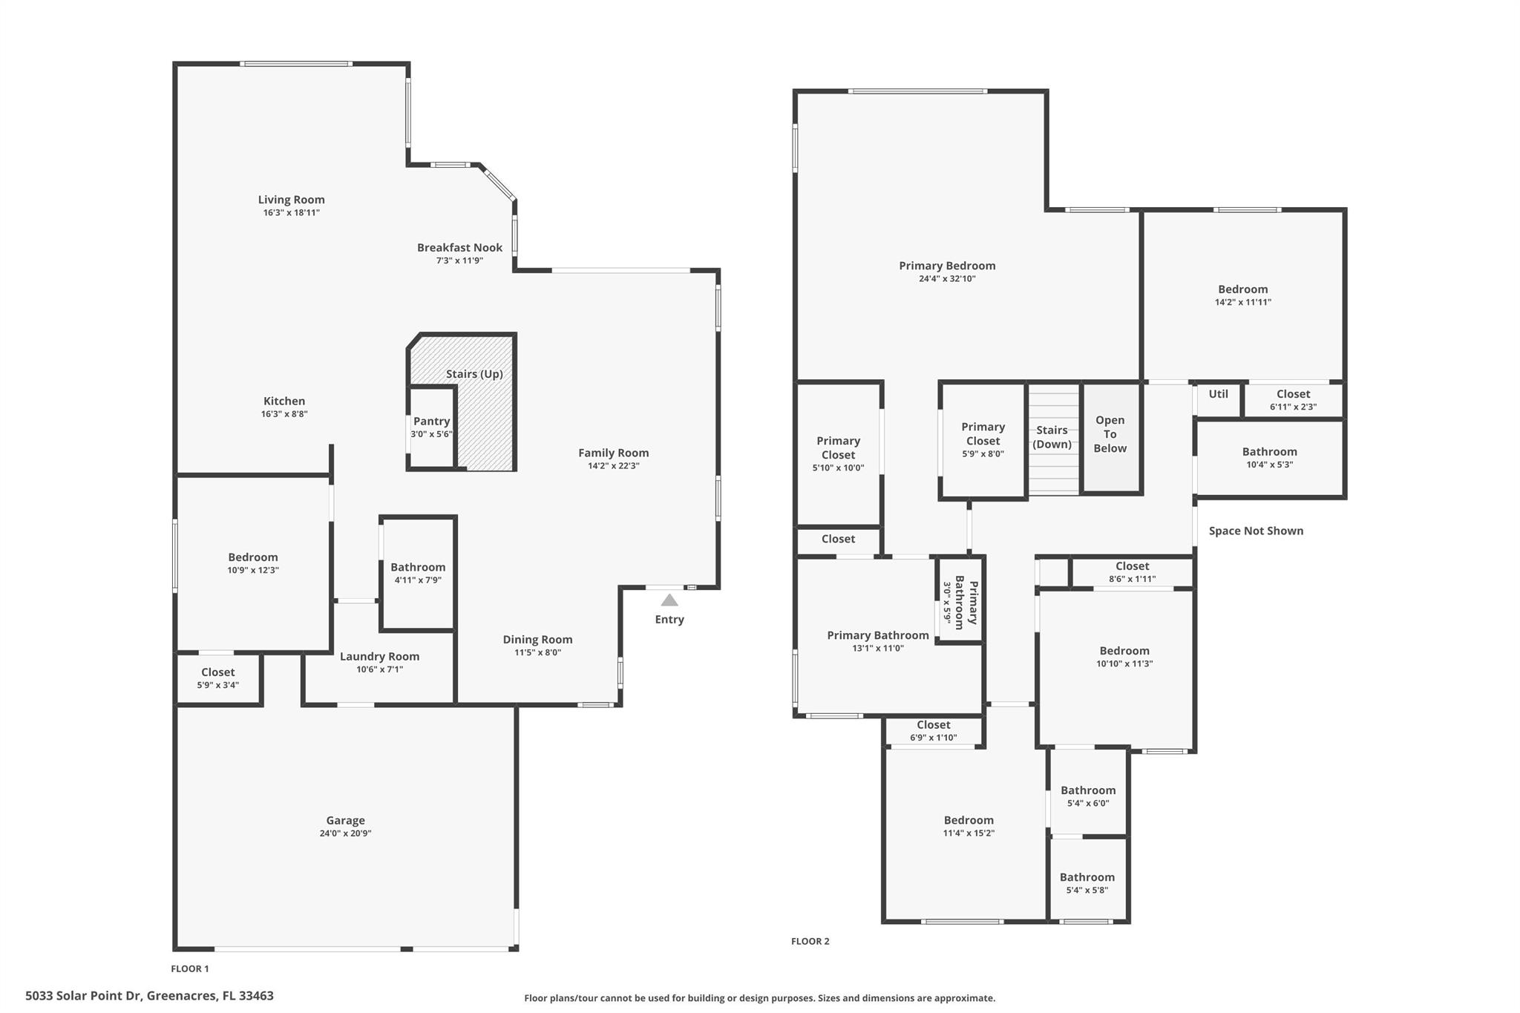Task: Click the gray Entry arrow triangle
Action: coord(669,600)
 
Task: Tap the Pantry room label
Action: coord(431,422)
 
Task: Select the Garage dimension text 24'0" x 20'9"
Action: coord(345,833)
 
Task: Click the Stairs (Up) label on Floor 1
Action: coord(474,374)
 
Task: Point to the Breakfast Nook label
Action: coord(459,248)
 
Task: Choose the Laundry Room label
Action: coord(379,657)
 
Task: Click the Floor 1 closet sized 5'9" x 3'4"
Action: coord(217,678)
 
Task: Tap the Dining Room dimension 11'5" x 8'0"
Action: coord(537,653)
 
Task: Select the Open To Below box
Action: coord(1110,435)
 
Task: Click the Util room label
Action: coord(1218,394)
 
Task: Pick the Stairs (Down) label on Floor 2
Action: coord(1052,437)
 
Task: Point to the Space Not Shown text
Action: coord(1256,531)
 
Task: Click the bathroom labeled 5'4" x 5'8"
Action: coord(1087,883)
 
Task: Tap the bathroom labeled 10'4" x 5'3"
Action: coord(1269,457)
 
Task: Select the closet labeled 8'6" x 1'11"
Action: coord(1132,572)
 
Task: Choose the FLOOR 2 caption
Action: coord(810,941)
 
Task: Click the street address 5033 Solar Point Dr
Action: coord(149,996)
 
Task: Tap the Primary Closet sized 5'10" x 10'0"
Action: coord(838,453)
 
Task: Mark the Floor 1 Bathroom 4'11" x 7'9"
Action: coord(418,573)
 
